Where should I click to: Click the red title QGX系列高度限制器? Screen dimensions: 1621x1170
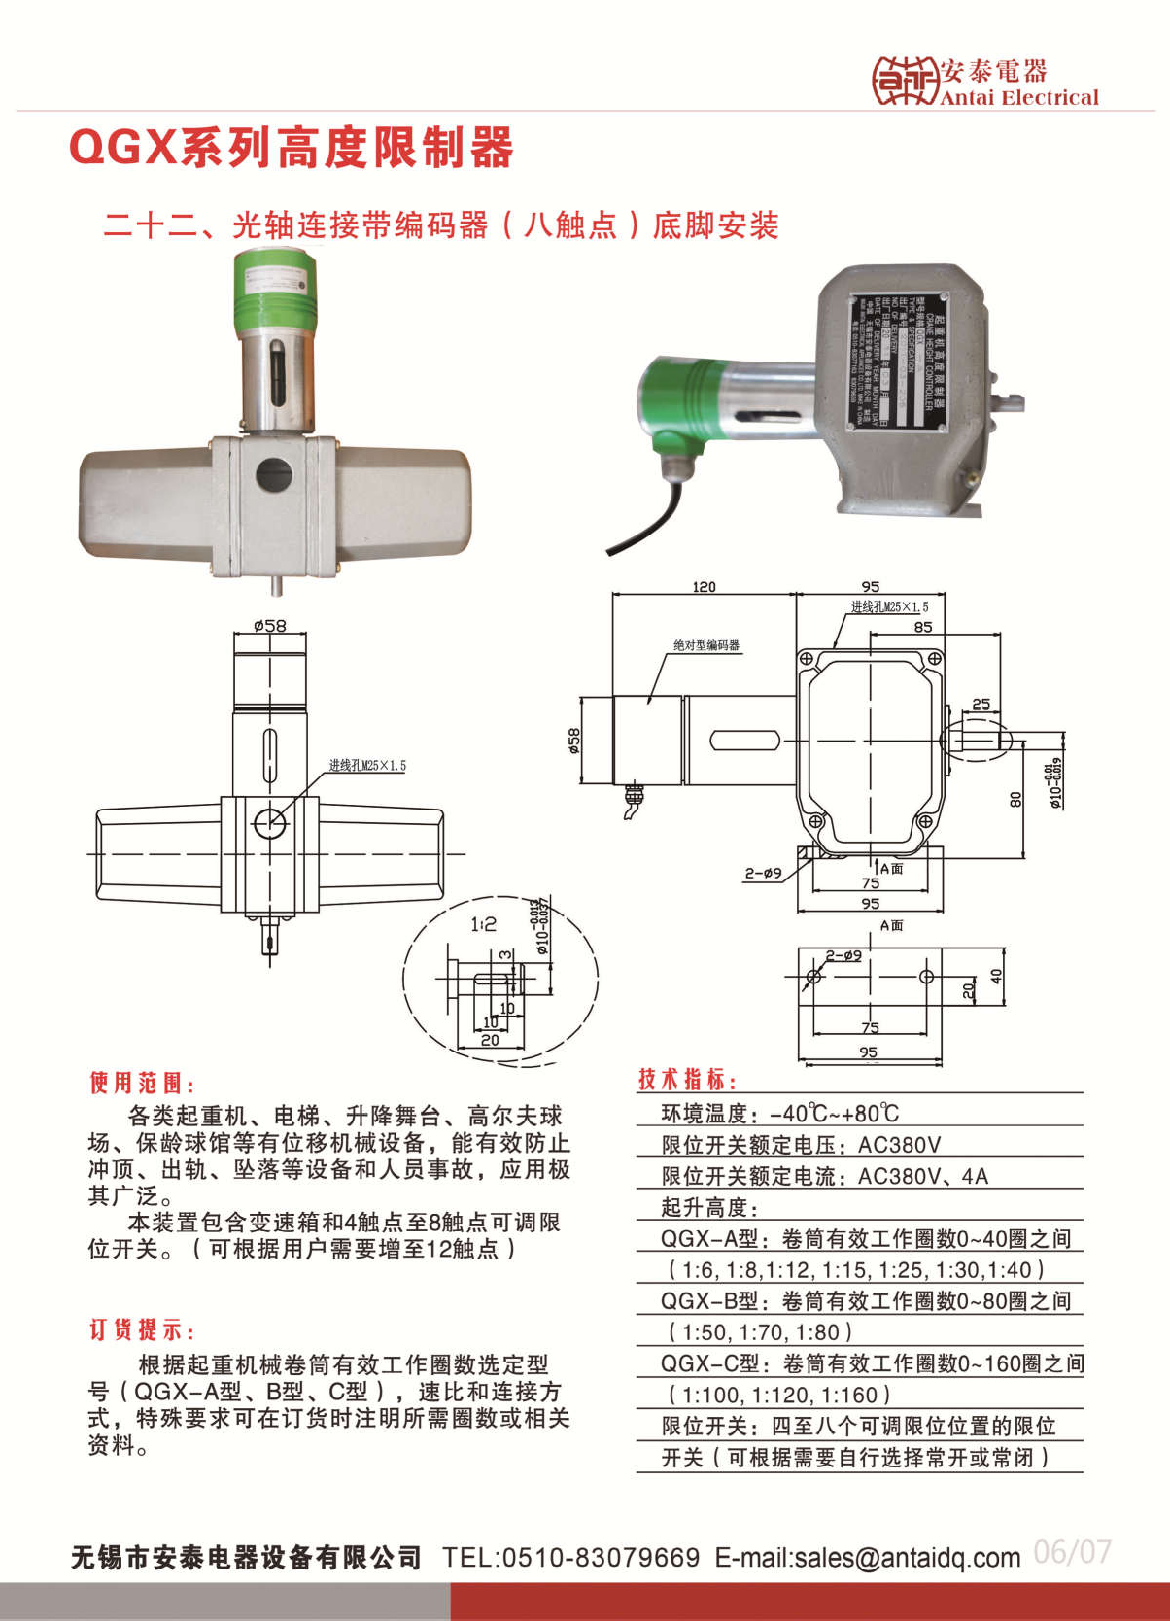coord(292,148)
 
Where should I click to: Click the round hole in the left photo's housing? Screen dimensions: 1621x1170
coord(273,475)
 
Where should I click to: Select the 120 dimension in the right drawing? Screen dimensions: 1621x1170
coord(704,586)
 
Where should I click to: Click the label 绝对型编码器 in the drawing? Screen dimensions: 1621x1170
coord(706,645)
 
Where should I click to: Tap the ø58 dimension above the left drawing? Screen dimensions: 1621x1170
coord(269,625)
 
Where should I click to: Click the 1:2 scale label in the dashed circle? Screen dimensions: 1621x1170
coord(483,924)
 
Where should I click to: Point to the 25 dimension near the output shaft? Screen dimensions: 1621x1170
coord(981,704)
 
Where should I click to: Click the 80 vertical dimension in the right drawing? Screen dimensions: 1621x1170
coord(1015,799)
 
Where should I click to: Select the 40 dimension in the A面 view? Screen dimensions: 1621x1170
coord(996,975)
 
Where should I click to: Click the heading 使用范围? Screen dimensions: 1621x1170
coord(143,1083)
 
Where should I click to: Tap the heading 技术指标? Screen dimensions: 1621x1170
coord(688,1079)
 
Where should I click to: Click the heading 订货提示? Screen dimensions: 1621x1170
coord(143,1329)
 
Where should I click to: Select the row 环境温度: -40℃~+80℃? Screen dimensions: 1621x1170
coord(779,1113)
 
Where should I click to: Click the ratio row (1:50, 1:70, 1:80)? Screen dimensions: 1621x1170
coord(760,1331)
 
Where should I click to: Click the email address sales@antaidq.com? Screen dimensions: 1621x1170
coord(907,1557)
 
